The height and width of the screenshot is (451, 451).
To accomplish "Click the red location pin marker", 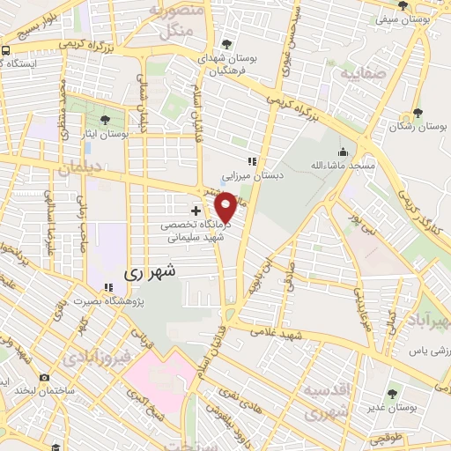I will [x=226, y=208].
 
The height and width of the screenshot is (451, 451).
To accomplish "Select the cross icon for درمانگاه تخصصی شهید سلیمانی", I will [x=196, y=211].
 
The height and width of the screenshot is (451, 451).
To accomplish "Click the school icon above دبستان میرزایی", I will [x=251, y=161].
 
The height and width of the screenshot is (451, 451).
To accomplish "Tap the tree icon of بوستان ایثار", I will [x=106, y=120].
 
